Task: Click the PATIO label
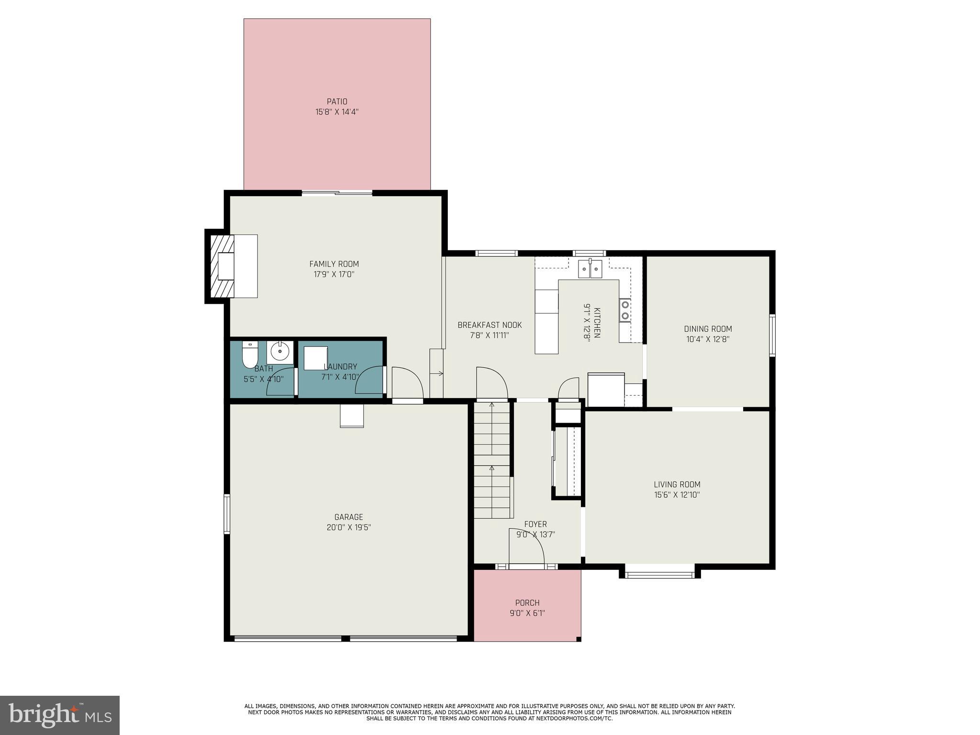[x=337, y=101]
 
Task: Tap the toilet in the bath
[x=249, y=355]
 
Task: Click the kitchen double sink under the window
[x=590, y=269]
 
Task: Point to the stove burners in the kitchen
[x=625, y=310]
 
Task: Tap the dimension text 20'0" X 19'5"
[x=348, y=527]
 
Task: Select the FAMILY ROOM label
[x=334, y=264]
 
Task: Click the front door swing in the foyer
[x=526, y=547]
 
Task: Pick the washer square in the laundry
[x=315, y=358]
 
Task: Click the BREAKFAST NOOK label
[x=490, y=325]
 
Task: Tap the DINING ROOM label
[x=708, y=329]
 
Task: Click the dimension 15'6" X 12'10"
[x=677, y=495]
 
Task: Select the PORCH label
[x=527, y=603]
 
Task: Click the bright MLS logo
[x=60, y=715]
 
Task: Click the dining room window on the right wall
[x=772, y=335]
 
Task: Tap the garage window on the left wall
[x=227, y=514]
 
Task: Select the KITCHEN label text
[x=597, y=323]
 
